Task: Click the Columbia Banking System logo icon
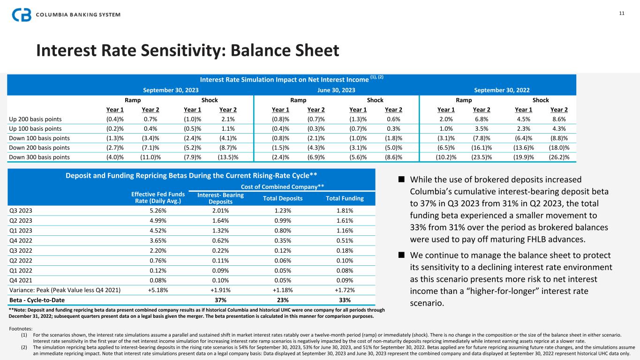20,15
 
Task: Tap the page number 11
622,13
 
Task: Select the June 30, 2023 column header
336,89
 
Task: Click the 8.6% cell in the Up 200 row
560,120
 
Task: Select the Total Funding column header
345,198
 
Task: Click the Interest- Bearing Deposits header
220,198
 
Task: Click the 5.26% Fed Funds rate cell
157,210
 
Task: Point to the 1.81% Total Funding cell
344,210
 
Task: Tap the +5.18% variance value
157,290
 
